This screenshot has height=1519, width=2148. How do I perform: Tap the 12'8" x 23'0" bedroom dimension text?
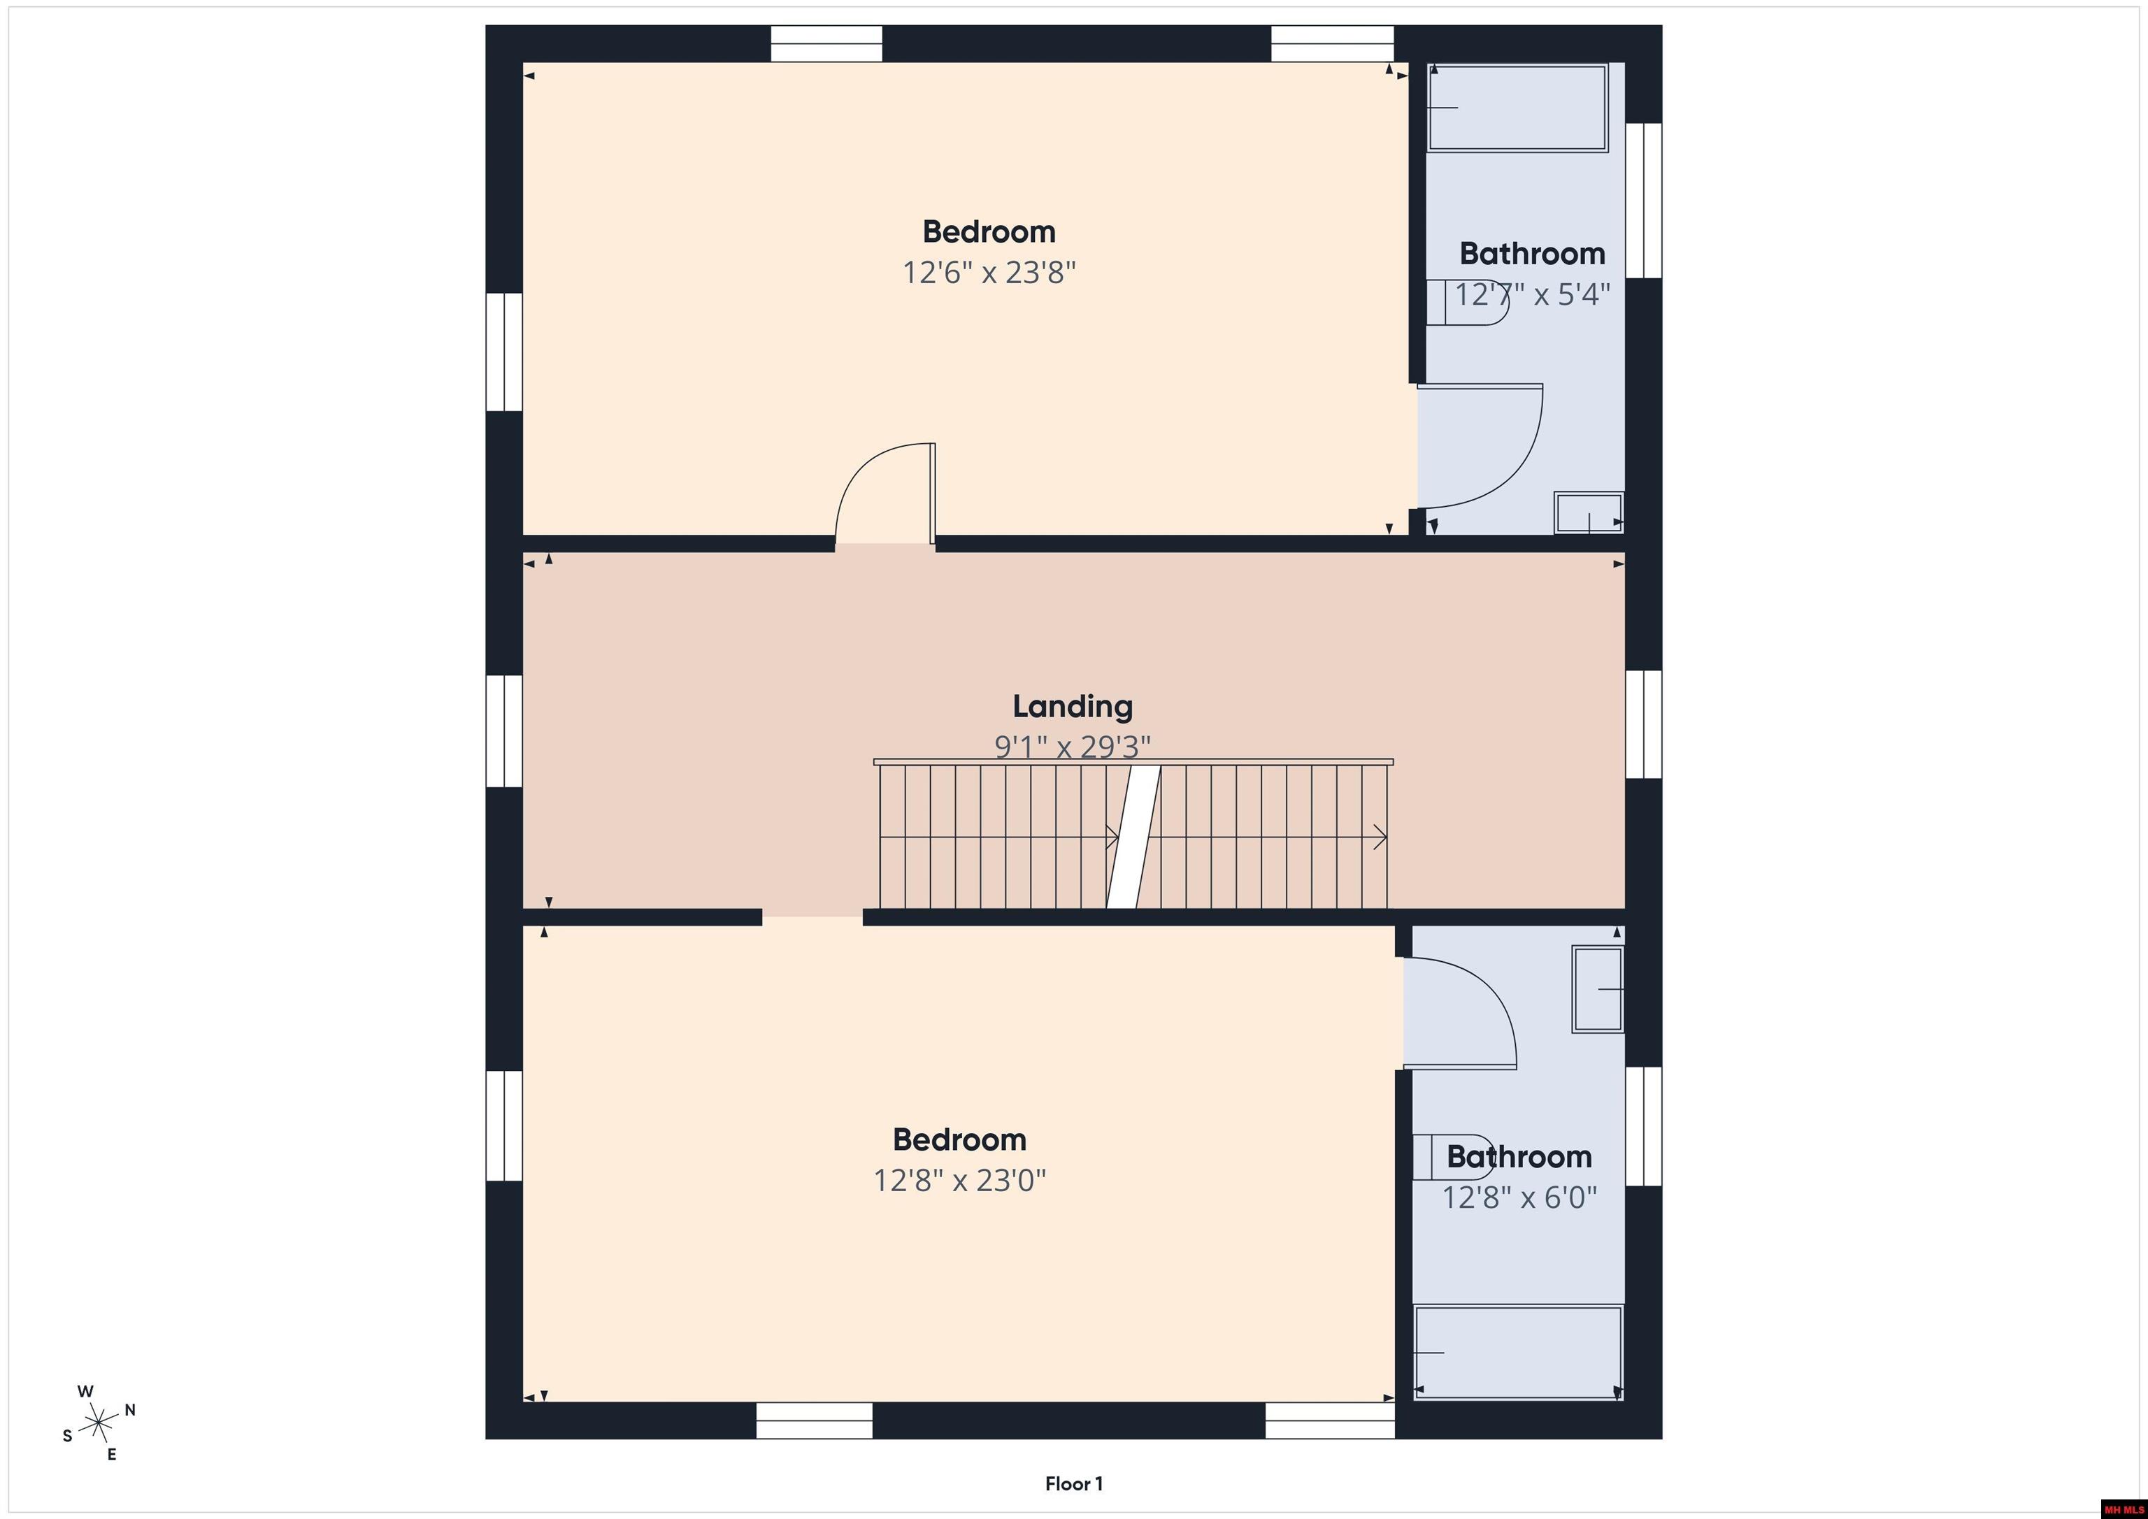959,1181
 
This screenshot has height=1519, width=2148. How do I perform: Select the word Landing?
1072,706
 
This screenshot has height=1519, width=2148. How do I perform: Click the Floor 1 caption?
1073,1483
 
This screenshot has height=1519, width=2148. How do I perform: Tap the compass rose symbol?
98,1423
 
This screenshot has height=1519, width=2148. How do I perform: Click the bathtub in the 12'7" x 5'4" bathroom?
1517,108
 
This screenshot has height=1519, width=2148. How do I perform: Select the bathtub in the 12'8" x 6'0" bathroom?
1517,1353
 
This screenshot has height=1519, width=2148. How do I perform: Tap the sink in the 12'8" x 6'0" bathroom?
1597,988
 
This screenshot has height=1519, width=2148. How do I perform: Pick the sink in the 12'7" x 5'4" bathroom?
1588,512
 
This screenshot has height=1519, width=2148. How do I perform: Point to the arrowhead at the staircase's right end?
1380,837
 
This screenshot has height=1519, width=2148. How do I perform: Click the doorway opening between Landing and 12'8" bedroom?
812,918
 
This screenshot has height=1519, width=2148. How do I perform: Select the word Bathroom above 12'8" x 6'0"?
1519,1156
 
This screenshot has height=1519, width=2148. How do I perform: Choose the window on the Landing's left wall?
503,730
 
